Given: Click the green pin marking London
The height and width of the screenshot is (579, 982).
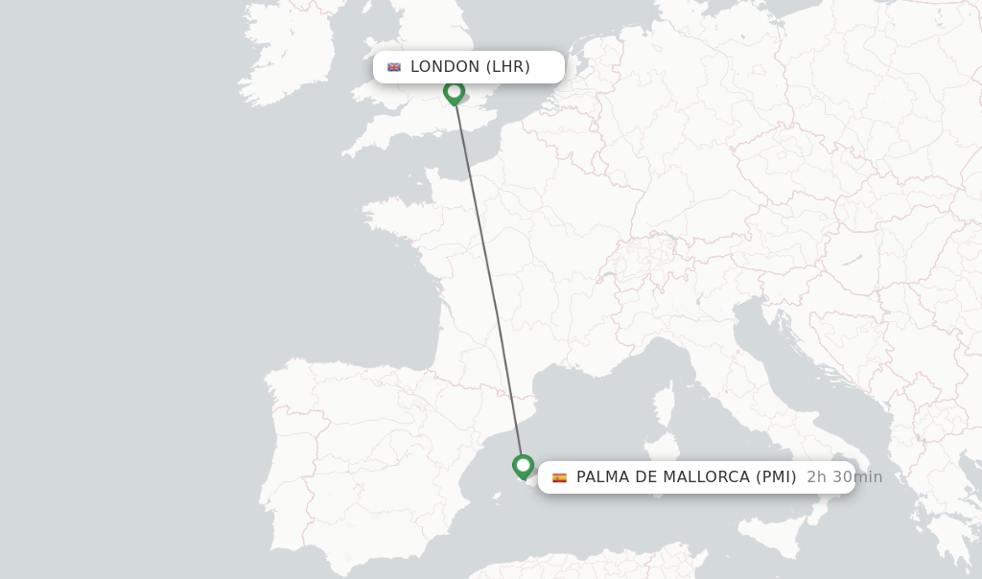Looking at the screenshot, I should [454, 92].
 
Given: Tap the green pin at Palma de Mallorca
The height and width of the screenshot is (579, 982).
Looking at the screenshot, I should [523, 466].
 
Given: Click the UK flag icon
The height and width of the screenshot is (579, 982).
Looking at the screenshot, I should [394, 67].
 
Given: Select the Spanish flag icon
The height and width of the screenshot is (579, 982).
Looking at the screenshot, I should [559, 477].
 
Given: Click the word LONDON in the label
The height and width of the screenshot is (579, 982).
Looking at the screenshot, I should [445, 67].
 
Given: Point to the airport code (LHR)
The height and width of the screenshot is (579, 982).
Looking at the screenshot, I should [508, 67].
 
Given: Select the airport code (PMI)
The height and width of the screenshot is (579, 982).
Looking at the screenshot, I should [776, 477].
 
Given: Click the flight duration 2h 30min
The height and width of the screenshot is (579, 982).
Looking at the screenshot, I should [844, 477].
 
